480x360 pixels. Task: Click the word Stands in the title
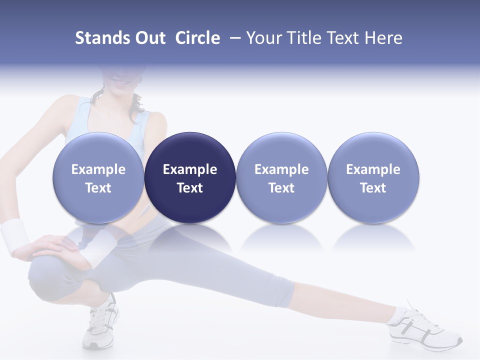click(x=103, y=38)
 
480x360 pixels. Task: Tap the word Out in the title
click(x=150, y=38)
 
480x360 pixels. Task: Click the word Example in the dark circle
click(x=190, y=169)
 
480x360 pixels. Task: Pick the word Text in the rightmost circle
click(x=373, y=188)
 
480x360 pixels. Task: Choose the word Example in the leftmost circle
click(x=98, y=169)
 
